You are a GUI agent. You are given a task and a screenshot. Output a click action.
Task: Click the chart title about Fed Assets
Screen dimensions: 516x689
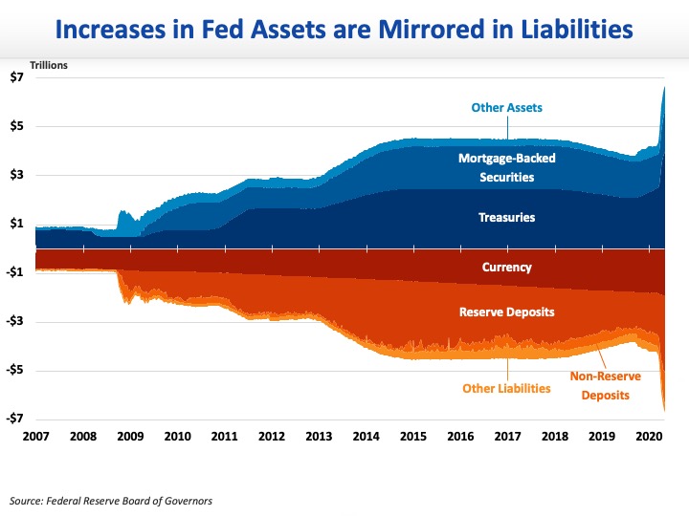(344, 30)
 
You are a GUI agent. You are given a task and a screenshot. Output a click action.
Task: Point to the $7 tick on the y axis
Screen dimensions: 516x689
(17, 77)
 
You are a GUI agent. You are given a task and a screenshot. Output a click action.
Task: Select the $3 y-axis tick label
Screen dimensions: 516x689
(17, 175)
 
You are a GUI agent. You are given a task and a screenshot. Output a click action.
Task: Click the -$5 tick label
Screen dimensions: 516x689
(15, 370)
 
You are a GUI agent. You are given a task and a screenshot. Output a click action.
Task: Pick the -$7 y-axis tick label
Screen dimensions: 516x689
(15, 419)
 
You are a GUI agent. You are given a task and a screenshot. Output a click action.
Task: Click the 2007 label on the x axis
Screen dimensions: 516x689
(35, 436)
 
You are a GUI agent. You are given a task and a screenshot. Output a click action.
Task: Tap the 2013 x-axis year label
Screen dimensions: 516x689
(318, 436)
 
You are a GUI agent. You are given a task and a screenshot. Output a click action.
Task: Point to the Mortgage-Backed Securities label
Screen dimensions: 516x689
(506, 167)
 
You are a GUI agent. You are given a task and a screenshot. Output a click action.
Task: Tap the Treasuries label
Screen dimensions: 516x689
(506, 218)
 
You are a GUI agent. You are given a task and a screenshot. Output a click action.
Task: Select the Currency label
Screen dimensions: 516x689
(507, 268)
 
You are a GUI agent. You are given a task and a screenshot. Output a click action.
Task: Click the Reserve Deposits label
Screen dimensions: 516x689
(507, 312)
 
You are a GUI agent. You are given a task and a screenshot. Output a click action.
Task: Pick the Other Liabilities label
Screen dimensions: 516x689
(506, 388)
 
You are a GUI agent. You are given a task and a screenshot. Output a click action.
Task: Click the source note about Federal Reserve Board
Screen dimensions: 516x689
(110, 500)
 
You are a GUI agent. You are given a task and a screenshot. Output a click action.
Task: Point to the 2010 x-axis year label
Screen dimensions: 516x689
(177, 436)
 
